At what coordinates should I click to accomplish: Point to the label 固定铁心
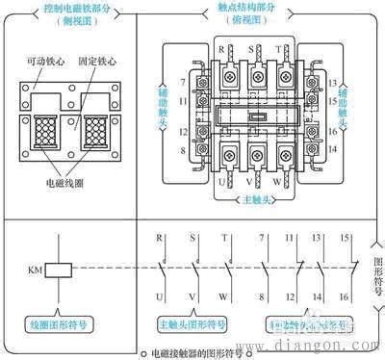click(98, 60)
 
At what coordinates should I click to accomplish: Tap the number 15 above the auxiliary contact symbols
click(344, 237)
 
